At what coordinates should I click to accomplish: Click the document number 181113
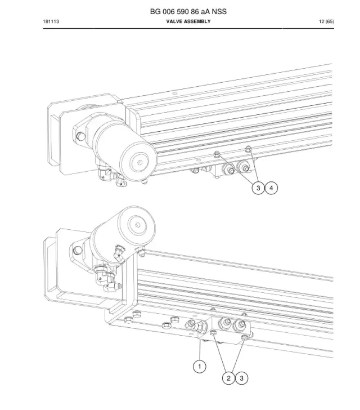pos(51,21)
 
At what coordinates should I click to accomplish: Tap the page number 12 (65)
pos(326,21)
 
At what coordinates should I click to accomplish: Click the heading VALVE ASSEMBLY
pos(188,21)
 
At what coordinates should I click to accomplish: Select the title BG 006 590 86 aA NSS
pos(188,11)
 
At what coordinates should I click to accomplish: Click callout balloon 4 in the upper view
pos(271,188)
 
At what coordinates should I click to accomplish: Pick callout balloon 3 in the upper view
pos(258,188)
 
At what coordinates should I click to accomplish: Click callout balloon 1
pos(200,366)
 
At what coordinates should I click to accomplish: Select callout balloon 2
pos(228,378)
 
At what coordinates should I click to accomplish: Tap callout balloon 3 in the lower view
pos(241,378)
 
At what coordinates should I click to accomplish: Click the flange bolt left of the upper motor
pos(81,136)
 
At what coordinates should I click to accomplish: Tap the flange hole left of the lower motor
pos(77,250)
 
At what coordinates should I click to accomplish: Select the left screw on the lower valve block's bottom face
pos(213,333)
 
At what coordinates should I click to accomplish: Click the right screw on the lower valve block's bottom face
pos(245,337)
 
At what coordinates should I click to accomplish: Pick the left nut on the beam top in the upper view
pos(217,154)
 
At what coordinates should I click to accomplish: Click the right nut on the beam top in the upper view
pos(248,149)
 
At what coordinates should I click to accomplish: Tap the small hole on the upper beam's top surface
pos(175,93)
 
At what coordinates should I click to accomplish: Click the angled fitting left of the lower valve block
pos(195,326)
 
